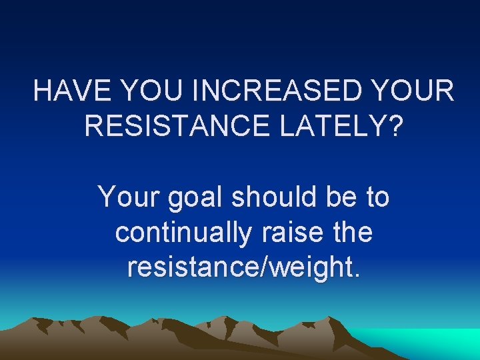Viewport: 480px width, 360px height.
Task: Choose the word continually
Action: (x=183, y=234)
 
